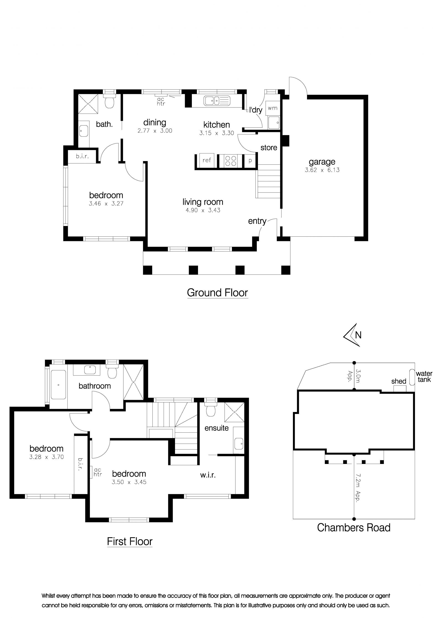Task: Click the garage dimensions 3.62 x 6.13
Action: click(x=322, y=170)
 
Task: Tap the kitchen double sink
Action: click(x=217, y=101)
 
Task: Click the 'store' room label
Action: click(x=269, y=147)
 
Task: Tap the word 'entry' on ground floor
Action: click(x=257, y=221)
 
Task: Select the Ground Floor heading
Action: click(x=217, y=293)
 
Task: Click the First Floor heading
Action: click(x=130, y=542)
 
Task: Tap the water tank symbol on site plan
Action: click(x=412, y=377)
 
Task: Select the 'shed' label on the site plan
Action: click(x=399, y=381)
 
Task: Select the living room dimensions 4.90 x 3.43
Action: click(x=203, y=210)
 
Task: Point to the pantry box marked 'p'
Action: click(x=250, y=161)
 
